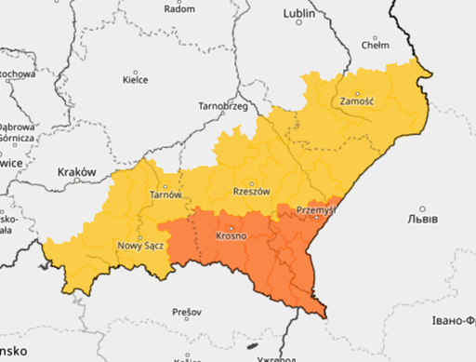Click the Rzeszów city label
pos(251,192)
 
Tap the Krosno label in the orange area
pos(231,236)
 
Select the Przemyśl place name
pos(315,210)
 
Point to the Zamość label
pos(357,100)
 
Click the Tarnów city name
pos(165,194)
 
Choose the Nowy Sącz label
pos(140,246)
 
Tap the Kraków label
pos(77,172)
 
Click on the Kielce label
pos(136,80)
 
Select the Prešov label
pos(187,311)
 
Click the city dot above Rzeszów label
pos(251,182)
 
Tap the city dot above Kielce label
pos(136,71)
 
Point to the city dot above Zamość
pos(357,90)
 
